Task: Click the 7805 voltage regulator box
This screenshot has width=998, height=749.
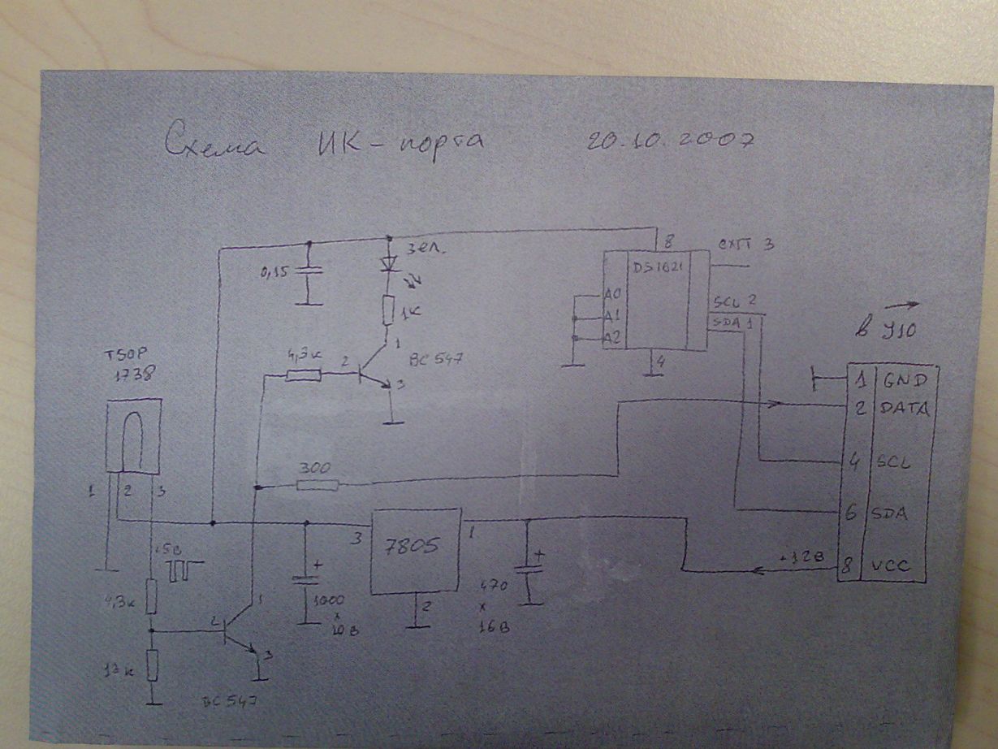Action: coord(415,552)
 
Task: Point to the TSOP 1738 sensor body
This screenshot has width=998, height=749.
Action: coord(133,437)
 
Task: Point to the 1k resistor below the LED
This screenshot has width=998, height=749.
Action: coord(388,310)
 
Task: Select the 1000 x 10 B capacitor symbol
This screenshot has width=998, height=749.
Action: coord(306,581)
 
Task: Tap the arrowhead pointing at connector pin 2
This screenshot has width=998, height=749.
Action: coord(776,404)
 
